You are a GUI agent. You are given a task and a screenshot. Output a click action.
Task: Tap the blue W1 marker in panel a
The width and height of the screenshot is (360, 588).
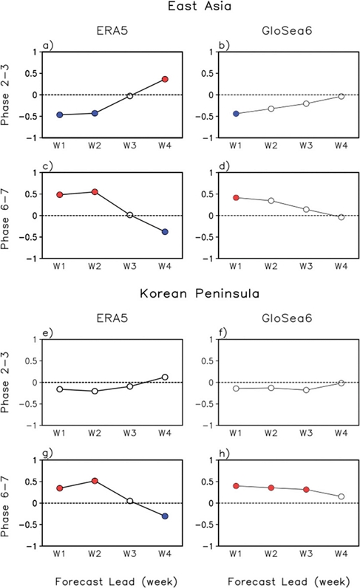60,114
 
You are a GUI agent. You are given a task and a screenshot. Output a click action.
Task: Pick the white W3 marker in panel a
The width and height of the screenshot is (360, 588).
130,96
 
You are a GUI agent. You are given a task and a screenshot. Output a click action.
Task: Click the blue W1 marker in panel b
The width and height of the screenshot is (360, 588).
236,114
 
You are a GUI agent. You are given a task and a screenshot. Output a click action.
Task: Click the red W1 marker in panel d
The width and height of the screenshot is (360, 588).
236,197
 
